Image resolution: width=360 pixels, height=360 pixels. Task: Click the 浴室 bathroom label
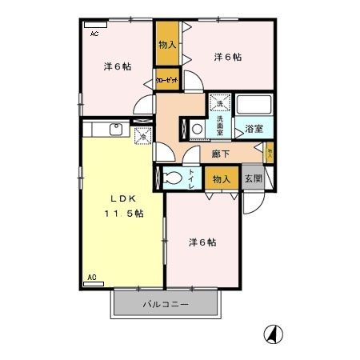pyautogui.click(x=254, y=128)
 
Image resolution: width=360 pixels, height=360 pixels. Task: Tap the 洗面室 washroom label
pyautogui.click(x=219, y=127)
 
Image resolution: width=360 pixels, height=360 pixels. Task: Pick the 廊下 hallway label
pyautogui.click(x=222, y=154)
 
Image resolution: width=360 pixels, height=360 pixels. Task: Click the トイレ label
pyautogui.click(x=192, y=179)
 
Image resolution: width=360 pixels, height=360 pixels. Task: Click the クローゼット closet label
pyautogui.click(x=167, y=80)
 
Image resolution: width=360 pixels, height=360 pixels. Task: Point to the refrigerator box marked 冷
pyautogui.click(x=143, y=137)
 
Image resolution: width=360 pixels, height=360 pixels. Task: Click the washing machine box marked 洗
pyautogui.click(x=219, y=103)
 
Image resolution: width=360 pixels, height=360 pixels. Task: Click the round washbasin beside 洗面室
pyautogui.click(x=196, y=128)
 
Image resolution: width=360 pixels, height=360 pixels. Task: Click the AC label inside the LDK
pyautogui.click(x=91, y=278)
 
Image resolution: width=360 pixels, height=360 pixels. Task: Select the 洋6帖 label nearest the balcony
pyautogui.click(x=203, y=242)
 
